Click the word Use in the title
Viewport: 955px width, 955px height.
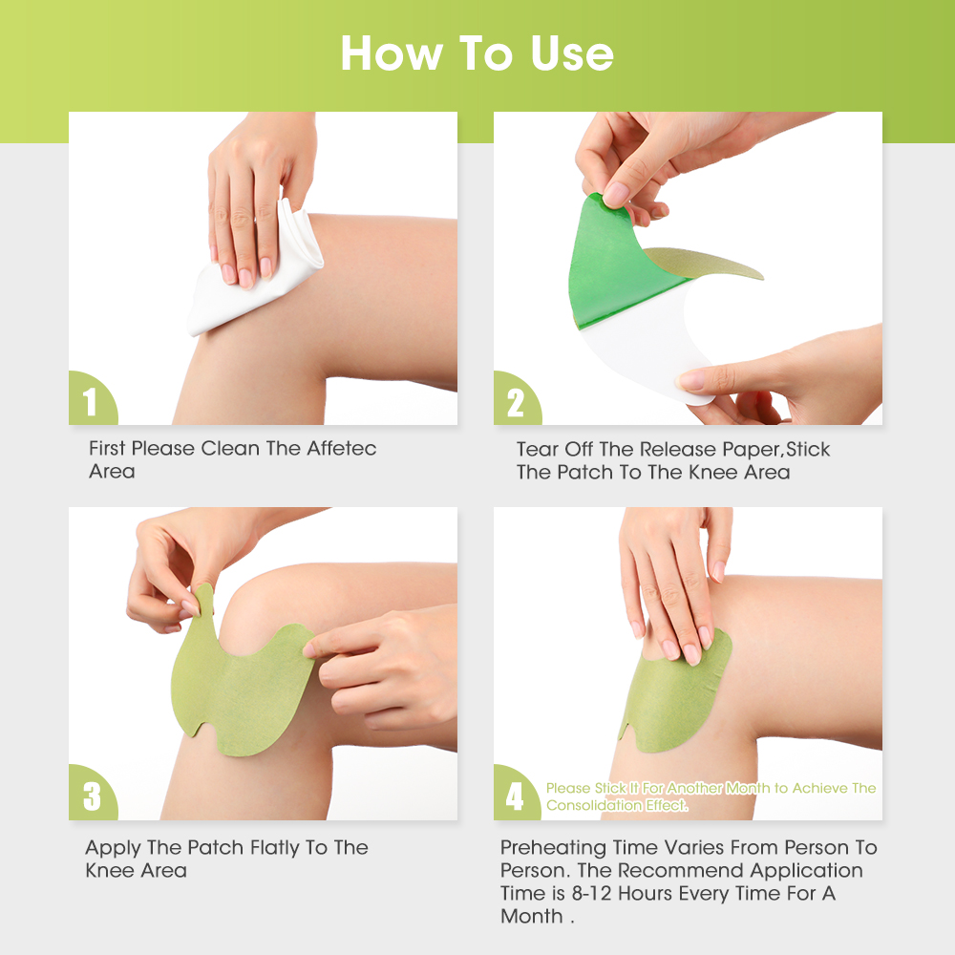(x=564, y=53)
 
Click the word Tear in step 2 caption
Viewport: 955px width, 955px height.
(x=537, y=449)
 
